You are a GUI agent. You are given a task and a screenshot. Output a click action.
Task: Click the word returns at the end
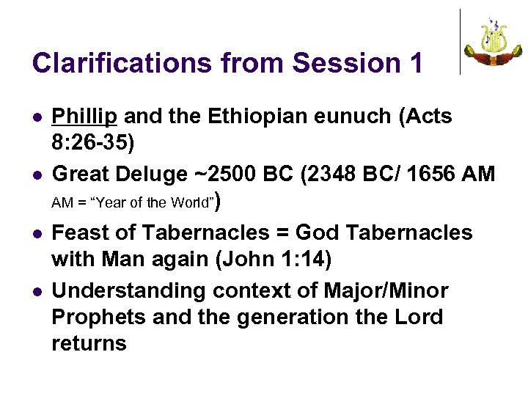point(89,343)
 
